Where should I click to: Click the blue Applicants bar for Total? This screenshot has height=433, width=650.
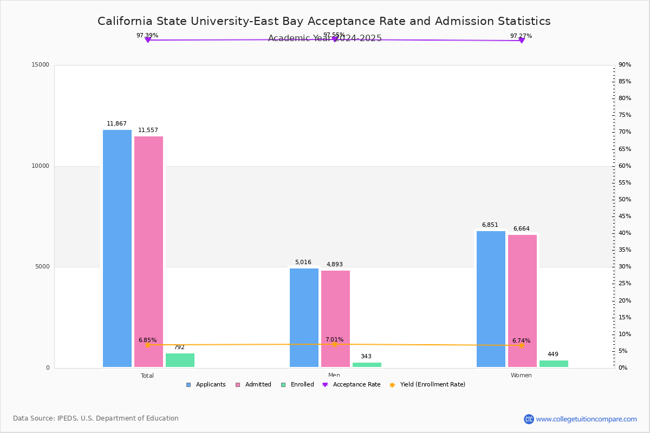click(x=117, y=248)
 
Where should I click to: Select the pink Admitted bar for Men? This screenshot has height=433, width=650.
click(x=335, y=319)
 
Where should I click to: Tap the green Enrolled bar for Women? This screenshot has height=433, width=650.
click(x=554, y=364)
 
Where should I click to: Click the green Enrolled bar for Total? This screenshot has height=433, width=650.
click(x=180, y=360)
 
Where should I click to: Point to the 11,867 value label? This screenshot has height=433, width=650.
click(x=116, y=124)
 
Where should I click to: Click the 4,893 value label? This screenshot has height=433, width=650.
click(x=334, y=265)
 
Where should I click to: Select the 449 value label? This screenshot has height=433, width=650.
click(x=552, y=355)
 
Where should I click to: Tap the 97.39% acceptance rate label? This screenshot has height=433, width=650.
click(x=147, y=36)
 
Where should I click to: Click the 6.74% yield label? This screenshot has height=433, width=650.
click(x=521, y=341)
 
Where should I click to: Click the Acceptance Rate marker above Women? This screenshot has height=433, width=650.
click(x=522, y=41)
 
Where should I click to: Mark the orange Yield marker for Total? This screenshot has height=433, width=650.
click(x=147, y=345)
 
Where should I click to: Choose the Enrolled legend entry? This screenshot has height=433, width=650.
click(x=297, y=385)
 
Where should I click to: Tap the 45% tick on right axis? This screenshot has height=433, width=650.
click(x=625, y=216)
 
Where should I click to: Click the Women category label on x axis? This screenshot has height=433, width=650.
click(x=521, y=376)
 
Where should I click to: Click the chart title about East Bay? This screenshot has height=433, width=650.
click(x=324, y=21)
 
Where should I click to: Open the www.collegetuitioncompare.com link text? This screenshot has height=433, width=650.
click(x=586, y=419)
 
